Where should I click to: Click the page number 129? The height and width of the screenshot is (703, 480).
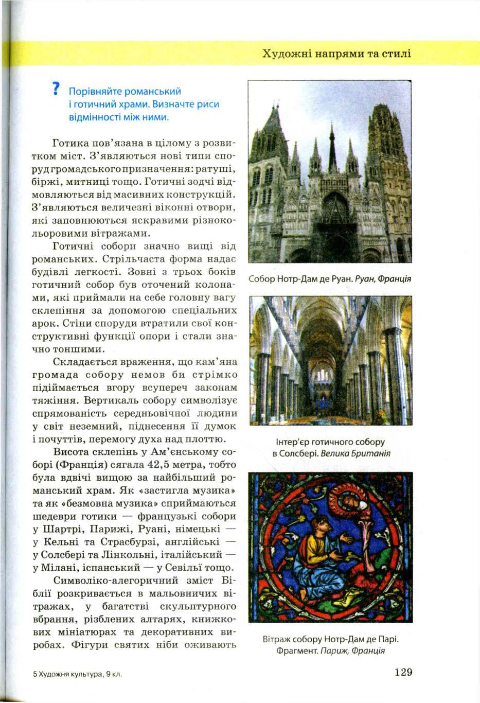coord(403,672)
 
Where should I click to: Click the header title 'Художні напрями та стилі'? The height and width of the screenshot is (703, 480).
coord(336,54)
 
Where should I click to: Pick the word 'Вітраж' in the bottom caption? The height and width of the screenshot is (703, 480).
coord(277,639)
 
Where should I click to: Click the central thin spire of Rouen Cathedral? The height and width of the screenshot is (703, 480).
coord(331,144)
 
